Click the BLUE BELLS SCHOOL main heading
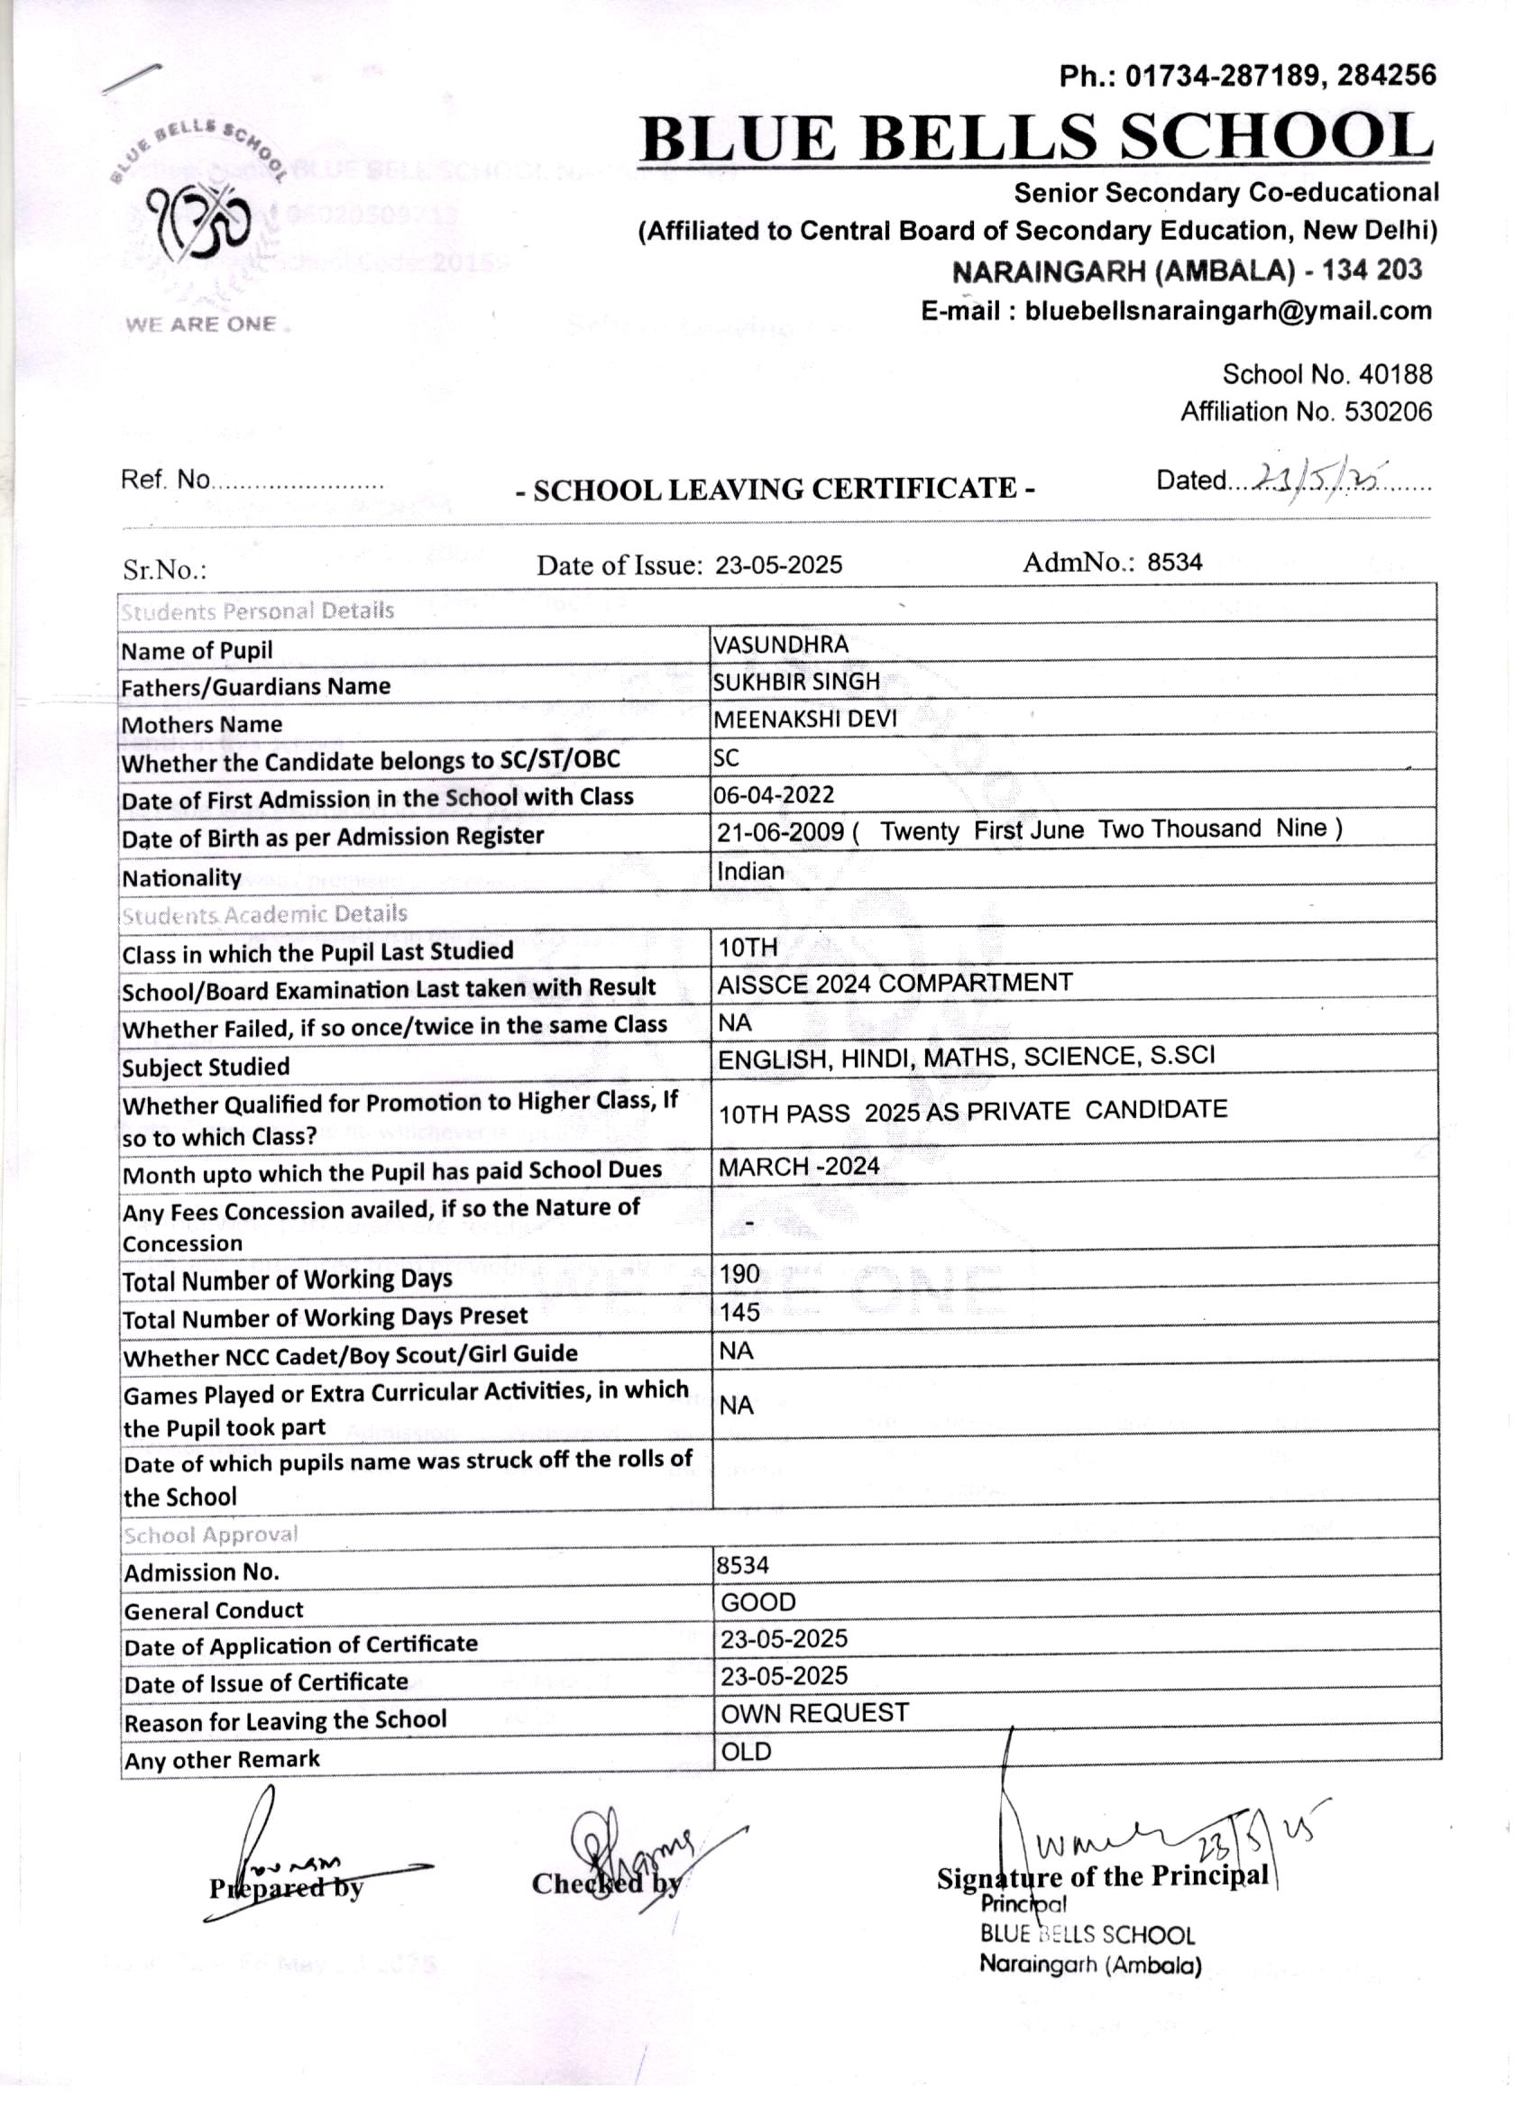click(1035, 137)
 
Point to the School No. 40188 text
click(1326, 374)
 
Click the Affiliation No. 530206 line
click(1306, 412)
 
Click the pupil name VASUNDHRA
click(781, 644)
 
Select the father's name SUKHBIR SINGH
click(795, 682)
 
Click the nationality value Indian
click(750, 871)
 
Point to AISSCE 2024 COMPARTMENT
click(895, 984)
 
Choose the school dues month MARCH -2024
click(799, 1168)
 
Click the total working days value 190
click(739, 1274)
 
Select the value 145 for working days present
click(739, 1313)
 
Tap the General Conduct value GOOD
click(758, 1602)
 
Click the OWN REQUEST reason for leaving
click(814, 1713)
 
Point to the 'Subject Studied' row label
click(206, 1067)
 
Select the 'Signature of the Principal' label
click(1102, 1876)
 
